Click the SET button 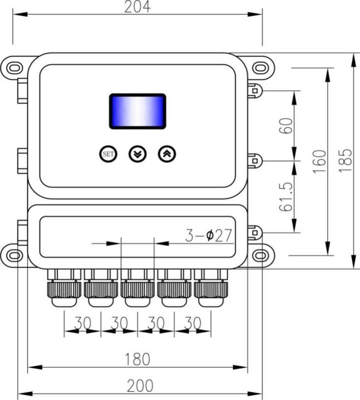click(x=108, y=154)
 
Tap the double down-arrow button click(x=137, y=154)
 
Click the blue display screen click(x=138, y=111)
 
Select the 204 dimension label click(x=137, y=6)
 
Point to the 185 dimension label click(x=345, y=160)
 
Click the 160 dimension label click(x=319, y=161)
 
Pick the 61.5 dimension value click(x=286, y=197)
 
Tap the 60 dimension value click(x=286, y=126)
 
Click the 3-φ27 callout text click(x=208, y=235)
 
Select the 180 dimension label click(x=137, y=359)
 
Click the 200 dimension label click(x=140, y=386)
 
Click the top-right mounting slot click(x=260, y=68)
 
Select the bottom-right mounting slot click(x=260, y=255)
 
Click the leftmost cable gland click(x=64, y=288)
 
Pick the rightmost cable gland click(x=211, y=288)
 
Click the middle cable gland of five click(x=137, y=288)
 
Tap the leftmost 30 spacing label click(x=82, y=322)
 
